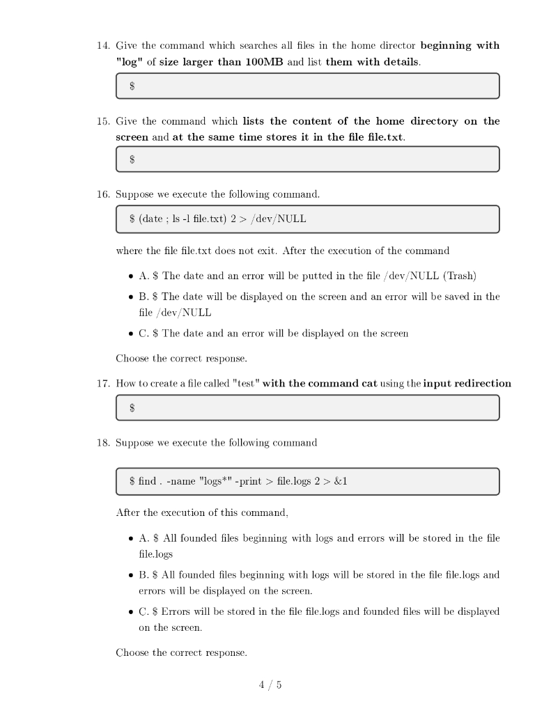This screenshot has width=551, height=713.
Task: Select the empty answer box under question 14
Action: coord(307,86)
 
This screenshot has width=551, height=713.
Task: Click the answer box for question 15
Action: coord(307,159)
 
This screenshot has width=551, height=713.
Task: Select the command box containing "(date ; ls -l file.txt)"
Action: coord(307,219)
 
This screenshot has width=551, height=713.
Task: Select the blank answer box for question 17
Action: coord(307,408)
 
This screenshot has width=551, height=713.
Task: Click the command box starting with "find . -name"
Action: coord(307,481)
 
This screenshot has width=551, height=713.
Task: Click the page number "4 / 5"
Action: coord(270,685)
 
